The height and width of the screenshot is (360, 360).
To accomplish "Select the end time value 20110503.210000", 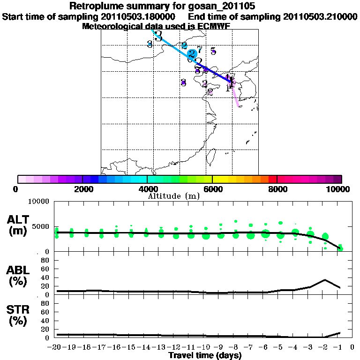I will (320, 16).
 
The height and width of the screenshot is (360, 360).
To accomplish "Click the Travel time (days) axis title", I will (205, 356).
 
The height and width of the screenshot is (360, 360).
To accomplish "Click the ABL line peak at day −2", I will (325, 280).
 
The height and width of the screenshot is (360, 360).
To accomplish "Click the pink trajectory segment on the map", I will (236, 94).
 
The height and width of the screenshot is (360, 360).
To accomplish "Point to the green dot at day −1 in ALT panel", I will (340, 247).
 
